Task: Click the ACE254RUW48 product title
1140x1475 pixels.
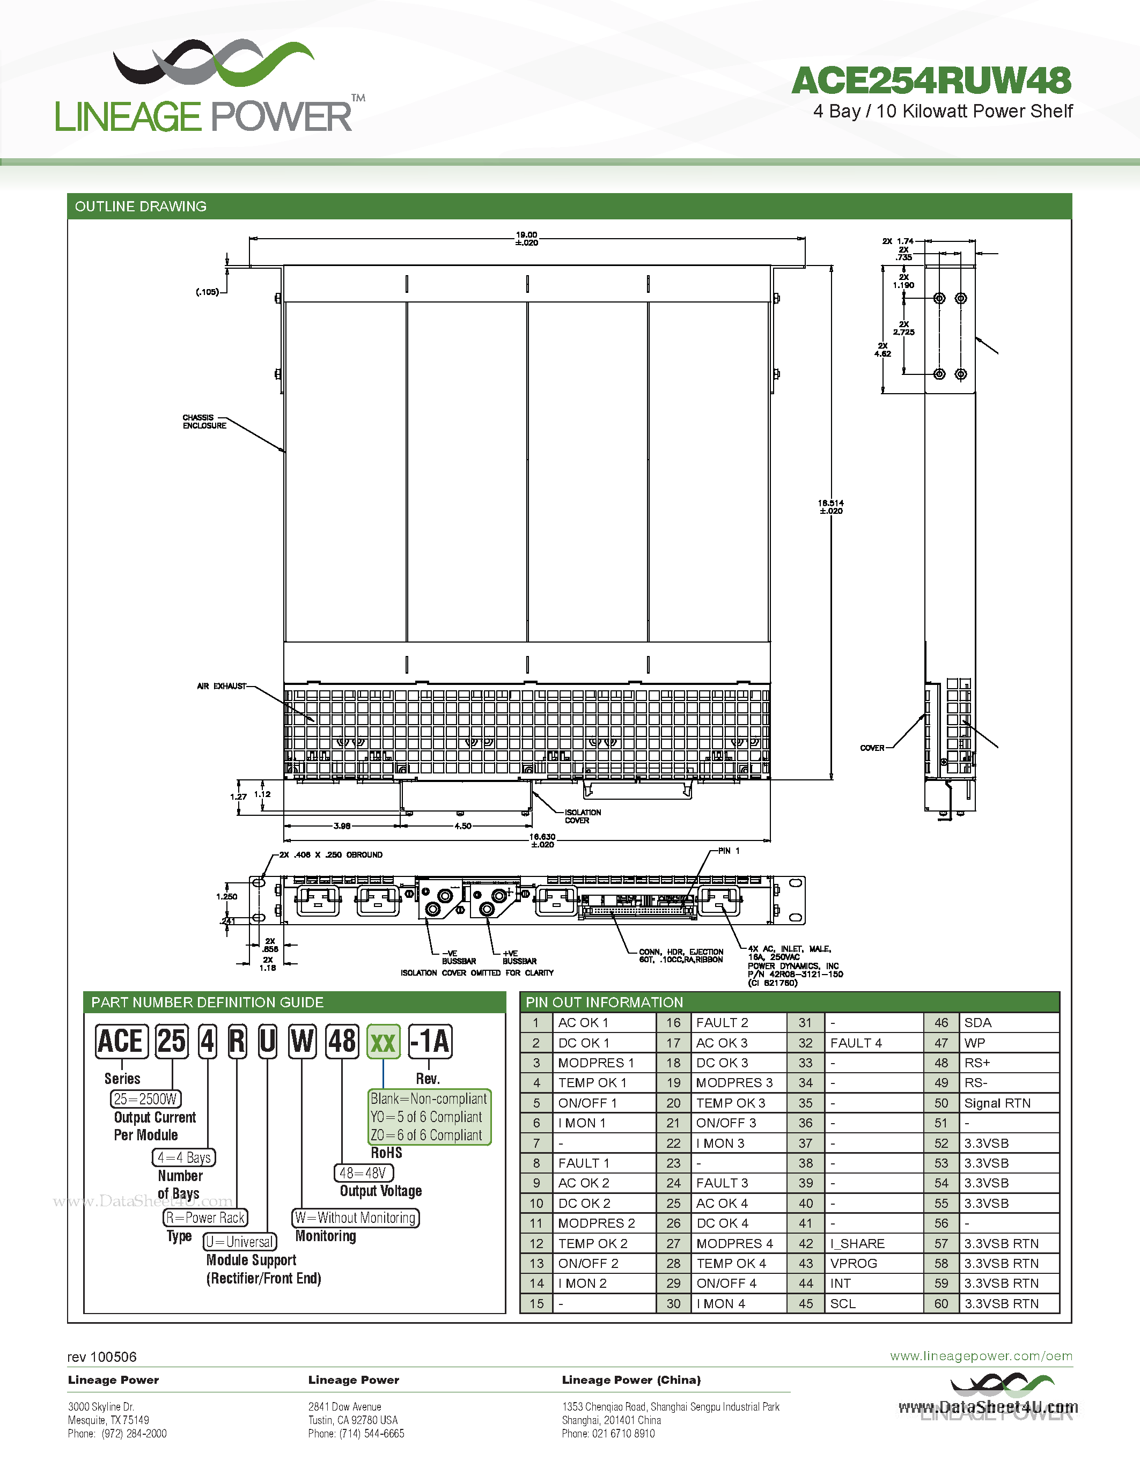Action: (931, 81)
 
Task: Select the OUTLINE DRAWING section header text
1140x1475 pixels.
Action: (141, 206)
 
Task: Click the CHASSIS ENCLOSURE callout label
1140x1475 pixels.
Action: (204, 422)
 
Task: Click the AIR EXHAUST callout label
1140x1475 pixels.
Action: (222, 686)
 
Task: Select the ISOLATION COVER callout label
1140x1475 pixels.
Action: (582, 816)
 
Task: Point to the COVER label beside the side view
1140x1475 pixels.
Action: (872, 748)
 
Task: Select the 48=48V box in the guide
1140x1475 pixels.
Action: (363, 1173)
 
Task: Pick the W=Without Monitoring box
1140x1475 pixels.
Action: (356, 1218)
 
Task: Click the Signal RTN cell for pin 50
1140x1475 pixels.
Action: (997, 1103)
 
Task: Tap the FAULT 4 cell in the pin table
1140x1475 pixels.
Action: (856, 1043)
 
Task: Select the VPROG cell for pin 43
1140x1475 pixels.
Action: (854, 1264)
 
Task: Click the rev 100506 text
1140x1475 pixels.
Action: (102, 1357)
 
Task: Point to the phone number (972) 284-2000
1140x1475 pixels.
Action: (134, 1434)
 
